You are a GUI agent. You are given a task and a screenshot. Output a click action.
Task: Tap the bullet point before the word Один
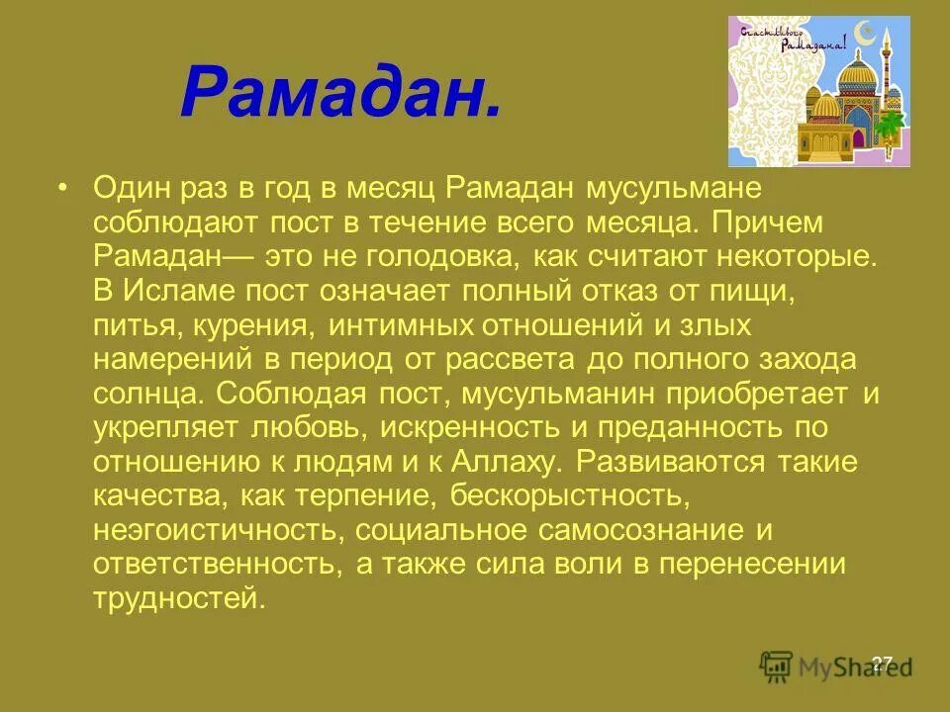64,188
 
